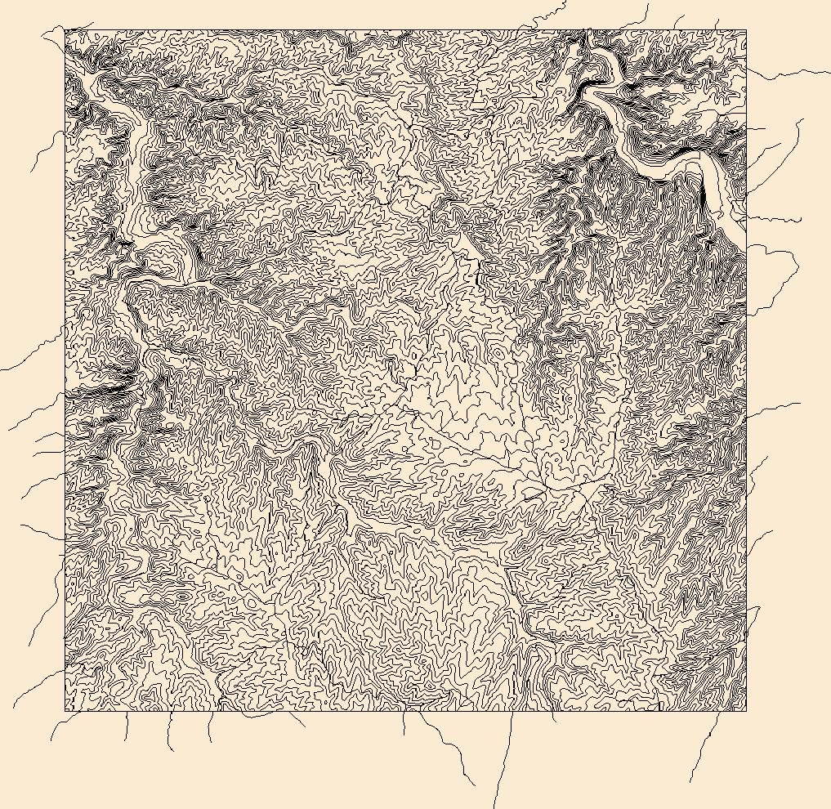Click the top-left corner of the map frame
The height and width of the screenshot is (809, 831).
[x=65, y=31]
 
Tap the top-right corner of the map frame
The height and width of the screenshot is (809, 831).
[x=746, y=31]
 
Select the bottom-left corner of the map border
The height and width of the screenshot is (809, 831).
[x=65, y=710]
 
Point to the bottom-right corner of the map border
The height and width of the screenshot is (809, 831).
[x=746, y=710]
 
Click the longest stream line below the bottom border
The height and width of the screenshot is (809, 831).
[x=502, y=760]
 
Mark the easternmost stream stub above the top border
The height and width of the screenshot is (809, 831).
[x=717, y=23]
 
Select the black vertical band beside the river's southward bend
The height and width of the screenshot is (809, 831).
[x=703, y=196]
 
